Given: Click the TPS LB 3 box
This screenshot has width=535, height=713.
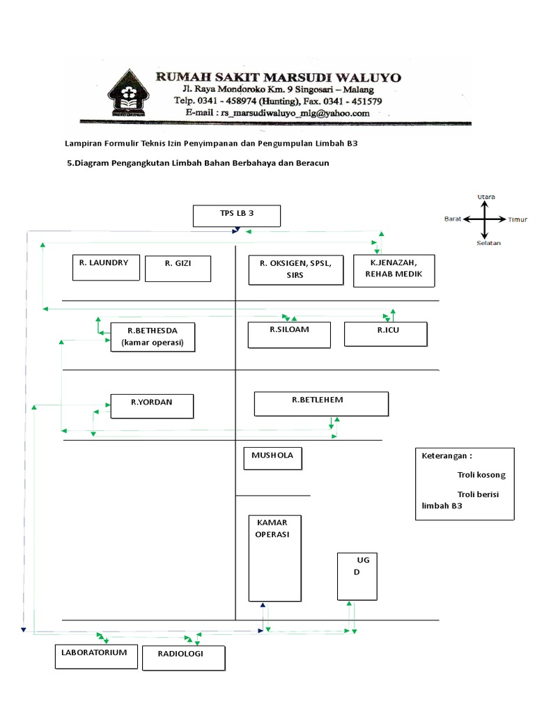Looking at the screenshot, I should [236, 216].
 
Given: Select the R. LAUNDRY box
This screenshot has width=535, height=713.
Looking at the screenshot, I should [106, 267].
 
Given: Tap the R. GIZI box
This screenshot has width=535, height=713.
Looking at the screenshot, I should [178, 268].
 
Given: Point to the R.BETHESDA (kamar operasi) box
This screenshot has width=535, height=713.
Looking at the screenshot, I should [153, 337].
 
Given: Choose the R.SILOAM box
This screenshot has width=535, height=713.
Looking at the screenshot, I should [291, 334].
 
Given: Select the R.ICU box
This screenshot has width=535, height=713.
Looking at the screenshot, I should [385, 334].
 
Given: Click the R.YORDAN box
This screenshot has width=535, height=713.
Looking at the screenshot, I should [152, 407].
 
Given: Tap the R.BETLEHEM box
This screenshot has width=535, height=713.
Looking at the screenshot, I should [321, 404].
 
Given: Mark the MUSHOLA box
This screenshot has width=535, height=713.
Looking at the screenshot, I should [272, 459].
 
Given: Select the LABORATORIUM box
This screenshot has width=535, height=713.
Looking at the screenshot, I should [96, 657].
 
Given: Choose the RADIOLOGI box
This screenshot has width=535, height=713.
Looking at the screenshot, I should [184, 658].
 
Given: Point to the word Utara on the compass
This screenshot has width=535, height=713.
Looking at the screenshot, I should [486, 197].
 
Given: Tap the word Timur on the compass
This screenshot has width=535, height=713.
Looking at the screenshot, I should [517, 219].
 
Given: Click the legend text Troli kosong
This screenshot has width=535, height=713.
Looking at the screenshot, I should [481, 475].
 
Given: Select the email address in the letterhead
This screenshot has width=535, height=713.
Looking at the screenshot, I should [277, 112].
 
